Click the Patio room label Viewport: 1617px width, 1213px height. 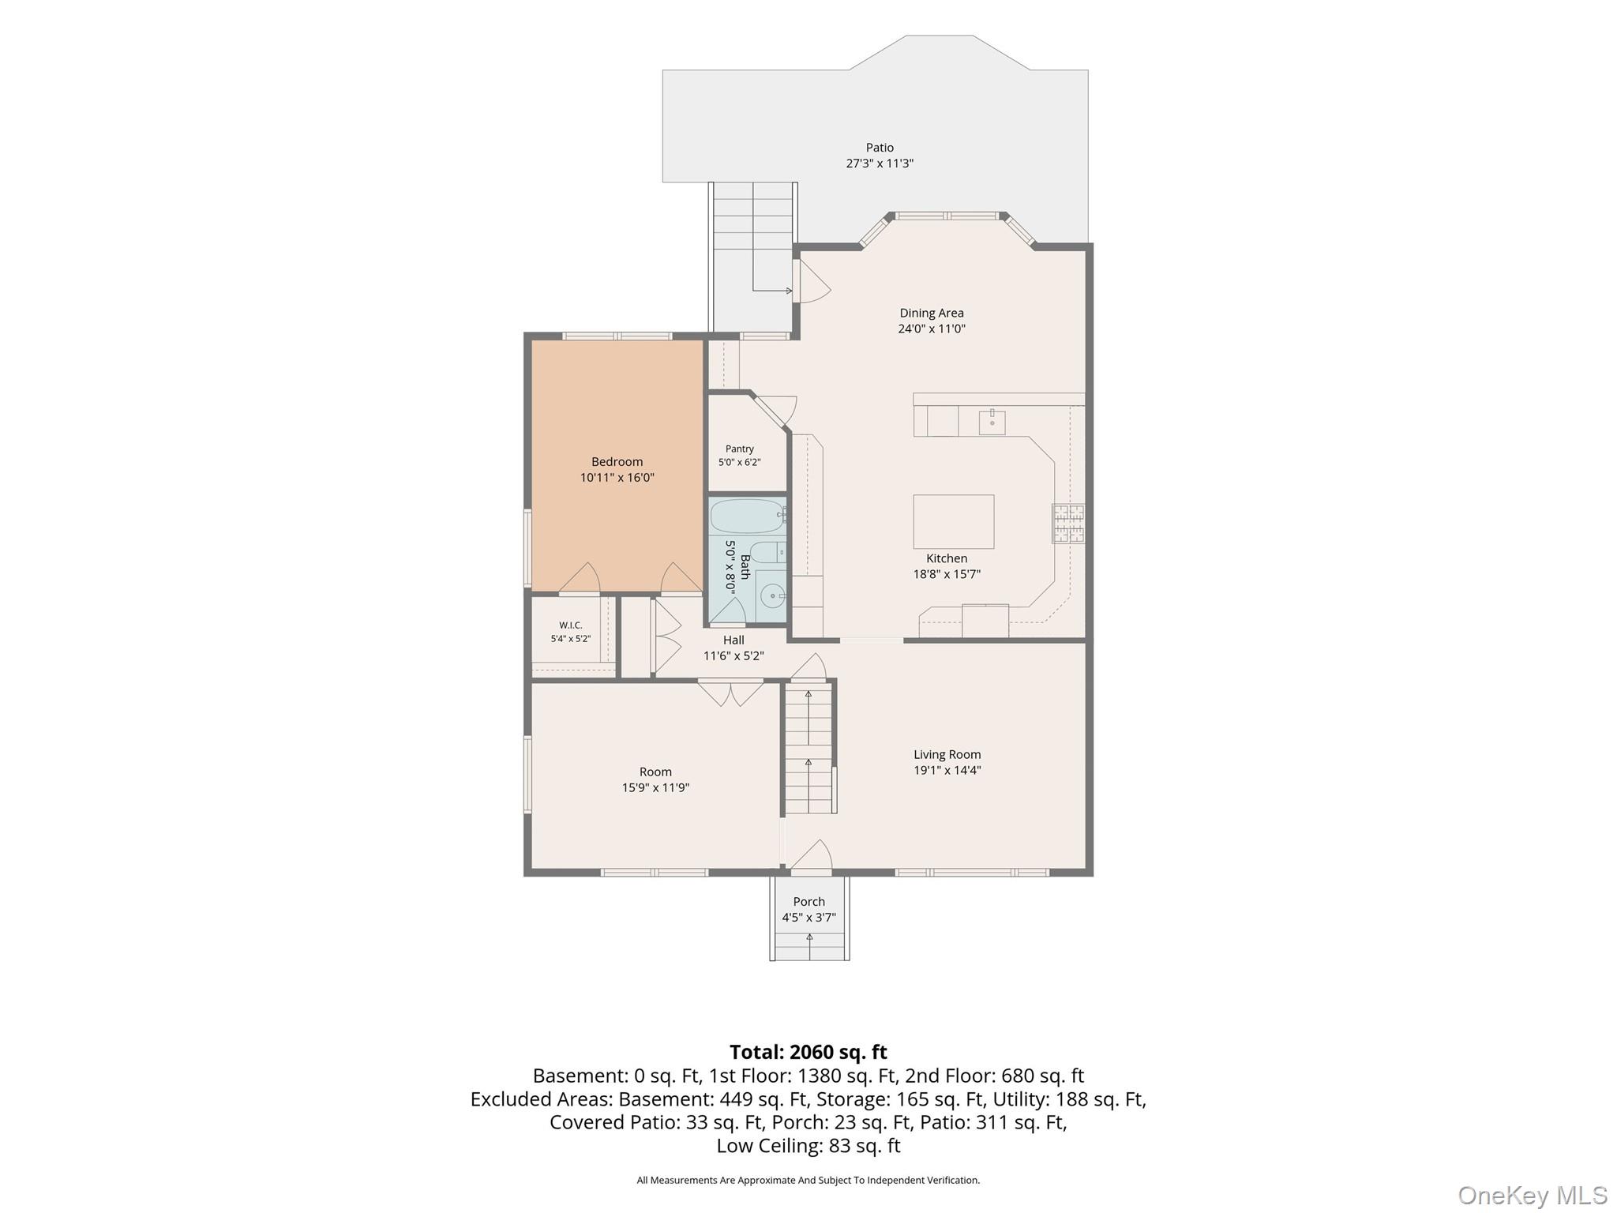pyautogui.click(x=880, y=148)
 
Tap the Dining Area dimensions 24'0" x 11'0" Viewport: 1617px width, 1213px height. pyautogui.click(x=932, y=329)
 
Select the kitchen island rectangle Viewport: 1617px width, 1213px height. pyautogui.click(x=953, y=521)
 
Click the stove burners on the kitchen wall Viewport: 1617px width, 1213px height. pyautogui.click(x=1067, y=524)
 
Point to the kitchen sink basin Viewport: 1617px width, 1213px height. pyautogui.click(x=992, y=422)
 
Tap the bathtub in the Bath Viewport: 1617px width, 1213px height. pyautogui.click(x=748, y=516)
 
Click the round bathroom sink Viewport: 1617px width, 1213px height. pyautogui.click(x=771, y=594)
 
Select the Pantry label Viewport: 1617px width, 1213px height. pyautogui.click(x=740, y=449)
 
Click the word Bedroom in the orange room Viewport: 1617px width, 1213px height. pyautogui.click(x=617, y=462)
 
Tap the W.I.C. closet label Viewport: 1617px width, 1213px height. pyautogui.click(x=571, y=625)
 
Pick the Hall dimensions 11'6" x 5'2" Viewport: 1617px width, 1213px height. pyautogui.click(x=733, y=655)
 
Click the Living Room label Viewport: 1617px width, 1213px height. pyautogui.click(x=947, y=754)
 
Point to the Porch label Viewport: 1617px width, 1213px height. pyautogui.click(x=809, y=902)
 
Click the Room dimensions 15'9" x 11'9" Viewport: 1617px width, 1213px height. pyautogui.click(x=655, y=787)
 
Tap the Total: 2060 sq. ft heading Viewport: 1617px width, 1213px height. pyautogui.click(x=808, y=1052)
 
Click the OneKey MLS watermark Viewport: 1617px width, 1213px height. pyautogui.click(x=1532, y=1195)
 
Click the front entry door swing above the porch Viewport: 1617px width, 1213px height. pyautogui.click(x=812, y=856)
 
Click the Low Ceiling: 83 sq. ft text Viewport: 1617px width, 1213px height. pyautogui.click(x=808, y=1146)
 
